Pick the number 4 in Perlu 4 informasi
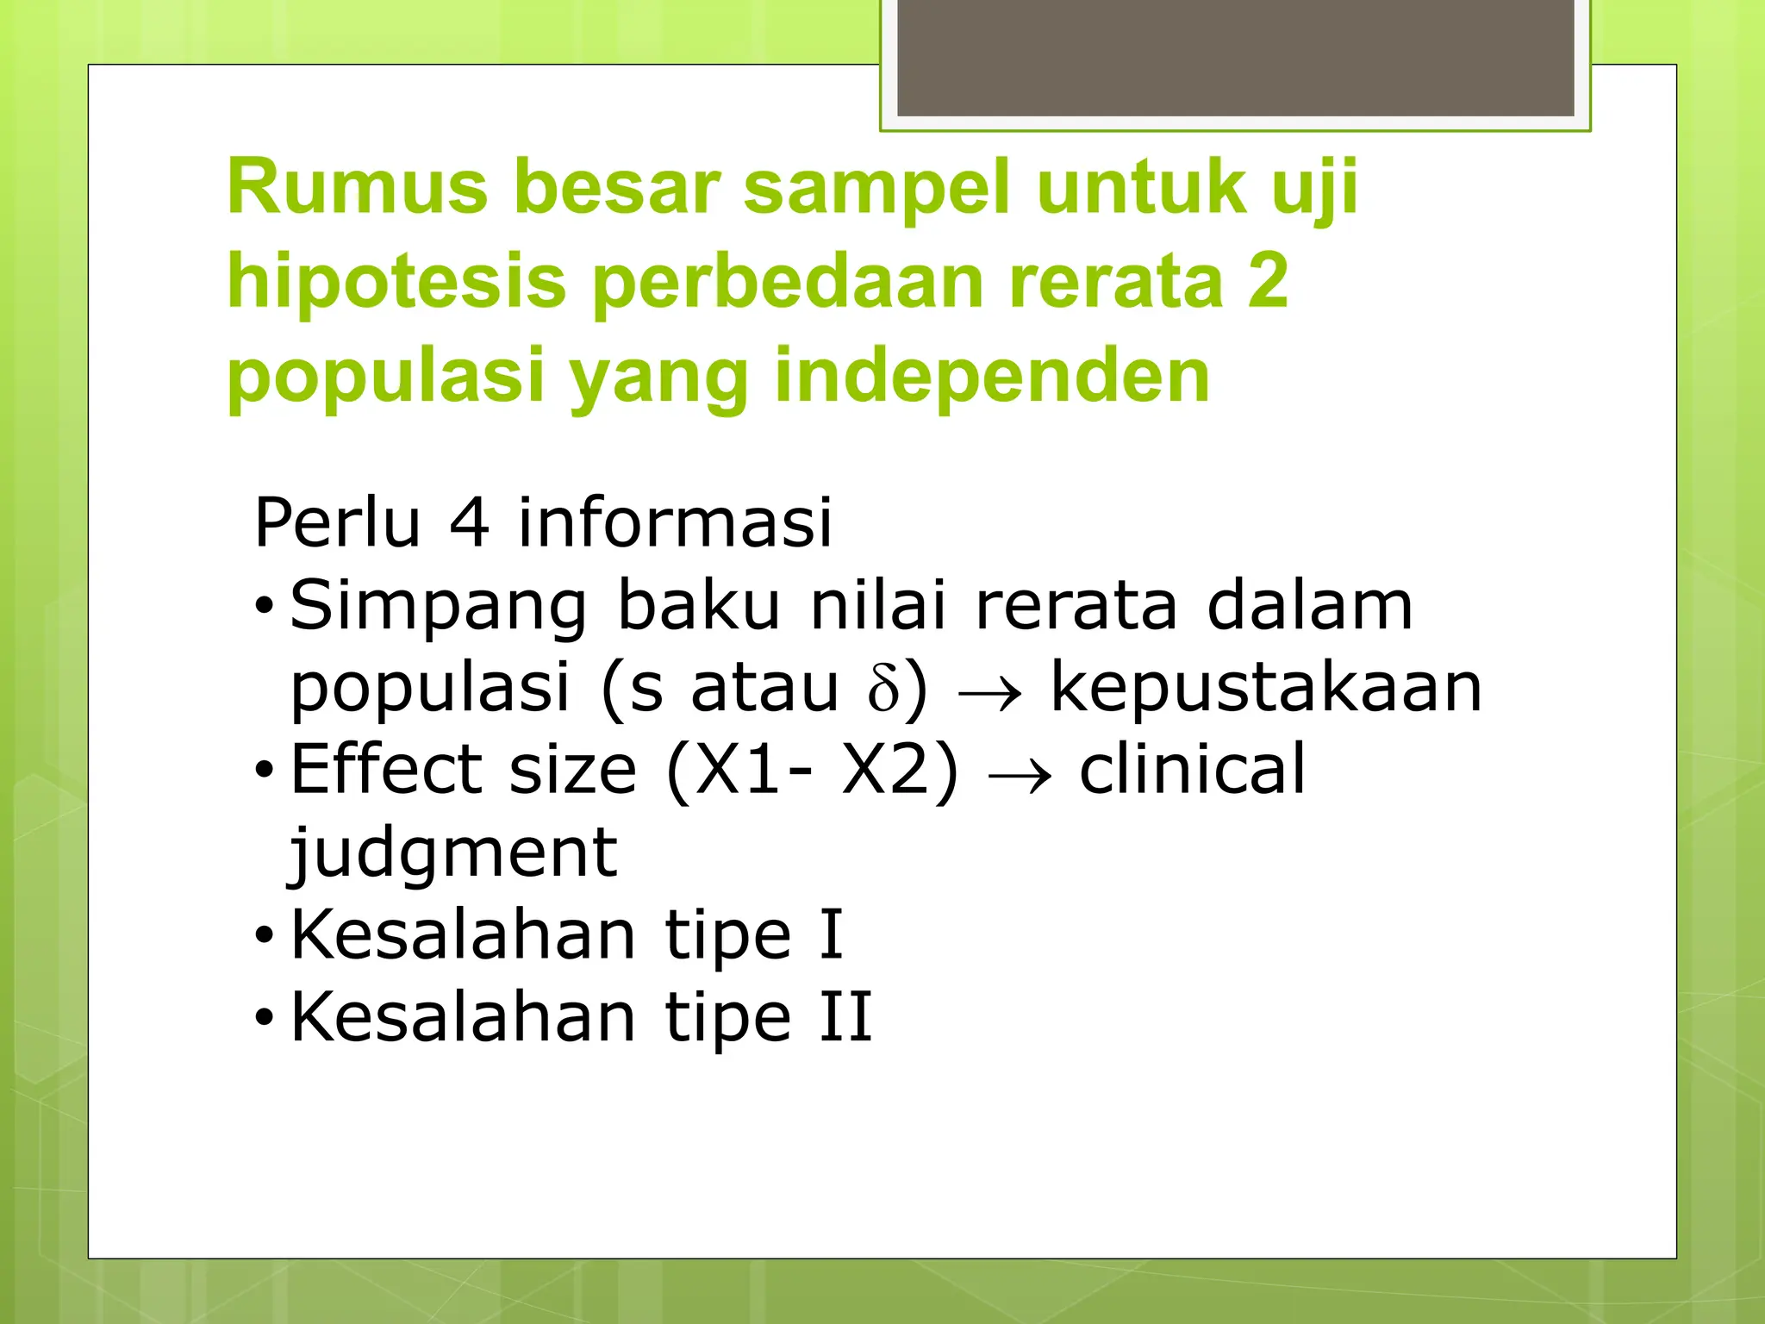(470, 522)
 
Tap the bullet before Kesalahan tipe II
(264, 1018)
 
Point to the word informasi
(675, 522)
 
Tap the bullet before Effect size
(264, 769)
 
